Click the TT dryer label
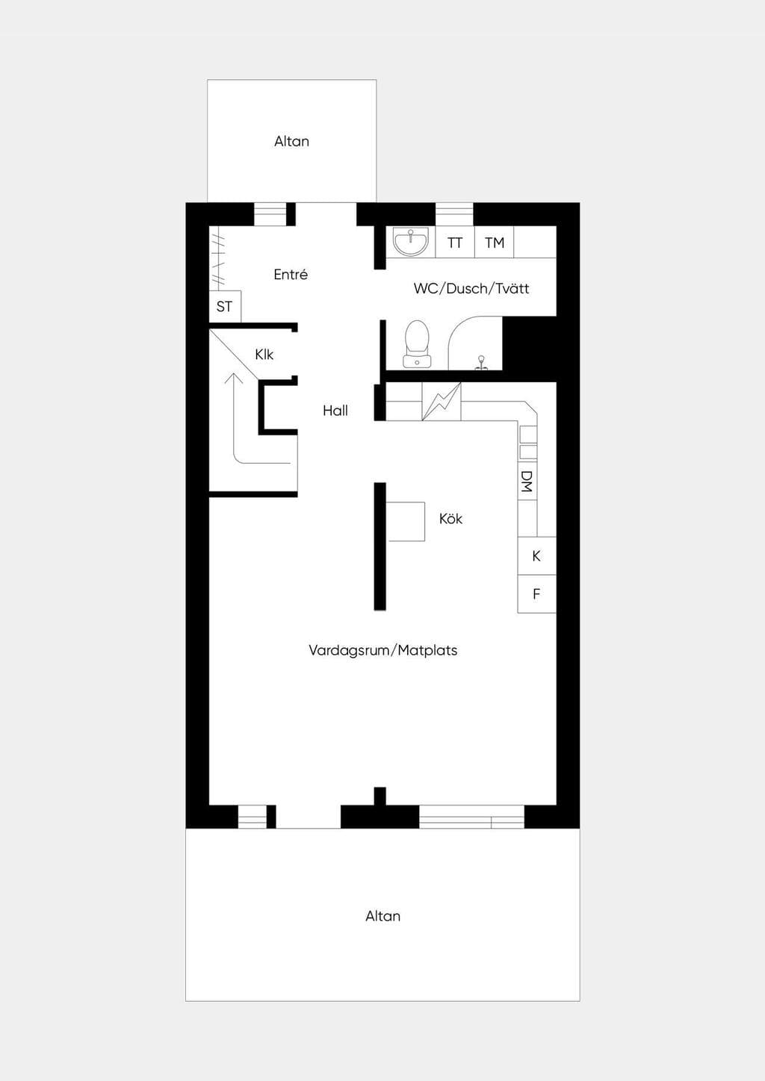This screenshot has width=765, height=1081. click(x=454, y=243)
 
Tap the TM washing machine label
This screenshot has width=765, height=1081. click(x=495, y=243)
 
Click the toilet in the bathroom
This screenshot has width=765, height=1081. click(x=417, y=344)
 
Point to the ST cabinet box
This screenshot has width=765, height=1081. click(x=225, y=306)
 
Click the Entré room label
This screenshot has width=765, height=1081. click(x=291, y=275)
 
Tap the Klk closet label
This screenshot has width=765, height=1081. click(x=264, y=355)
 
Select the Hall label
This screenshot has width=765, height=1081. click(x=335, y=411)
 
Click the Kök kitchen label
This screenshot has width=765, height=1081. click(x=450, y=519)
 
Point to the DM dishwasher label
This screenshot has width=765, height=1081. click(x=527, y=482)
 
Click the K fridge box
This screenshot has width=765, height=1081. click(x=536, y=556)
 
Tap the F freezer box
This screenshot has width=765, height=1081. click(x=536, y=594)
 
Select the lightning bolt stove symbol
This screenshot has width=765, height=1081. click(x=442, y=402)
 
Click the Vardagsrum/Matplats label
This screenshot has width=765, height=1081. click(x=383, y=650)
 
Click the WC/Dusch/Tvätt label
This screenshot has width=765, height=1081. click(x=471, y=289)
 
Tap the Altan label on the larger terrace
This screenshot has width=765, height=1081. click(x=383, y=916)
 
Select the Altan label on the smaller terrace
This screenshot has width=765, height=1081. click(x=291, y=141)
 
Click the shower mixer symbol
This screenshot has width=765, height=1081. click(x=481, y=364)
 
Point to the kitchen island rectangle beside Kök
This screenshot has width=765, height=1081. click(x=405, y=521)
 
